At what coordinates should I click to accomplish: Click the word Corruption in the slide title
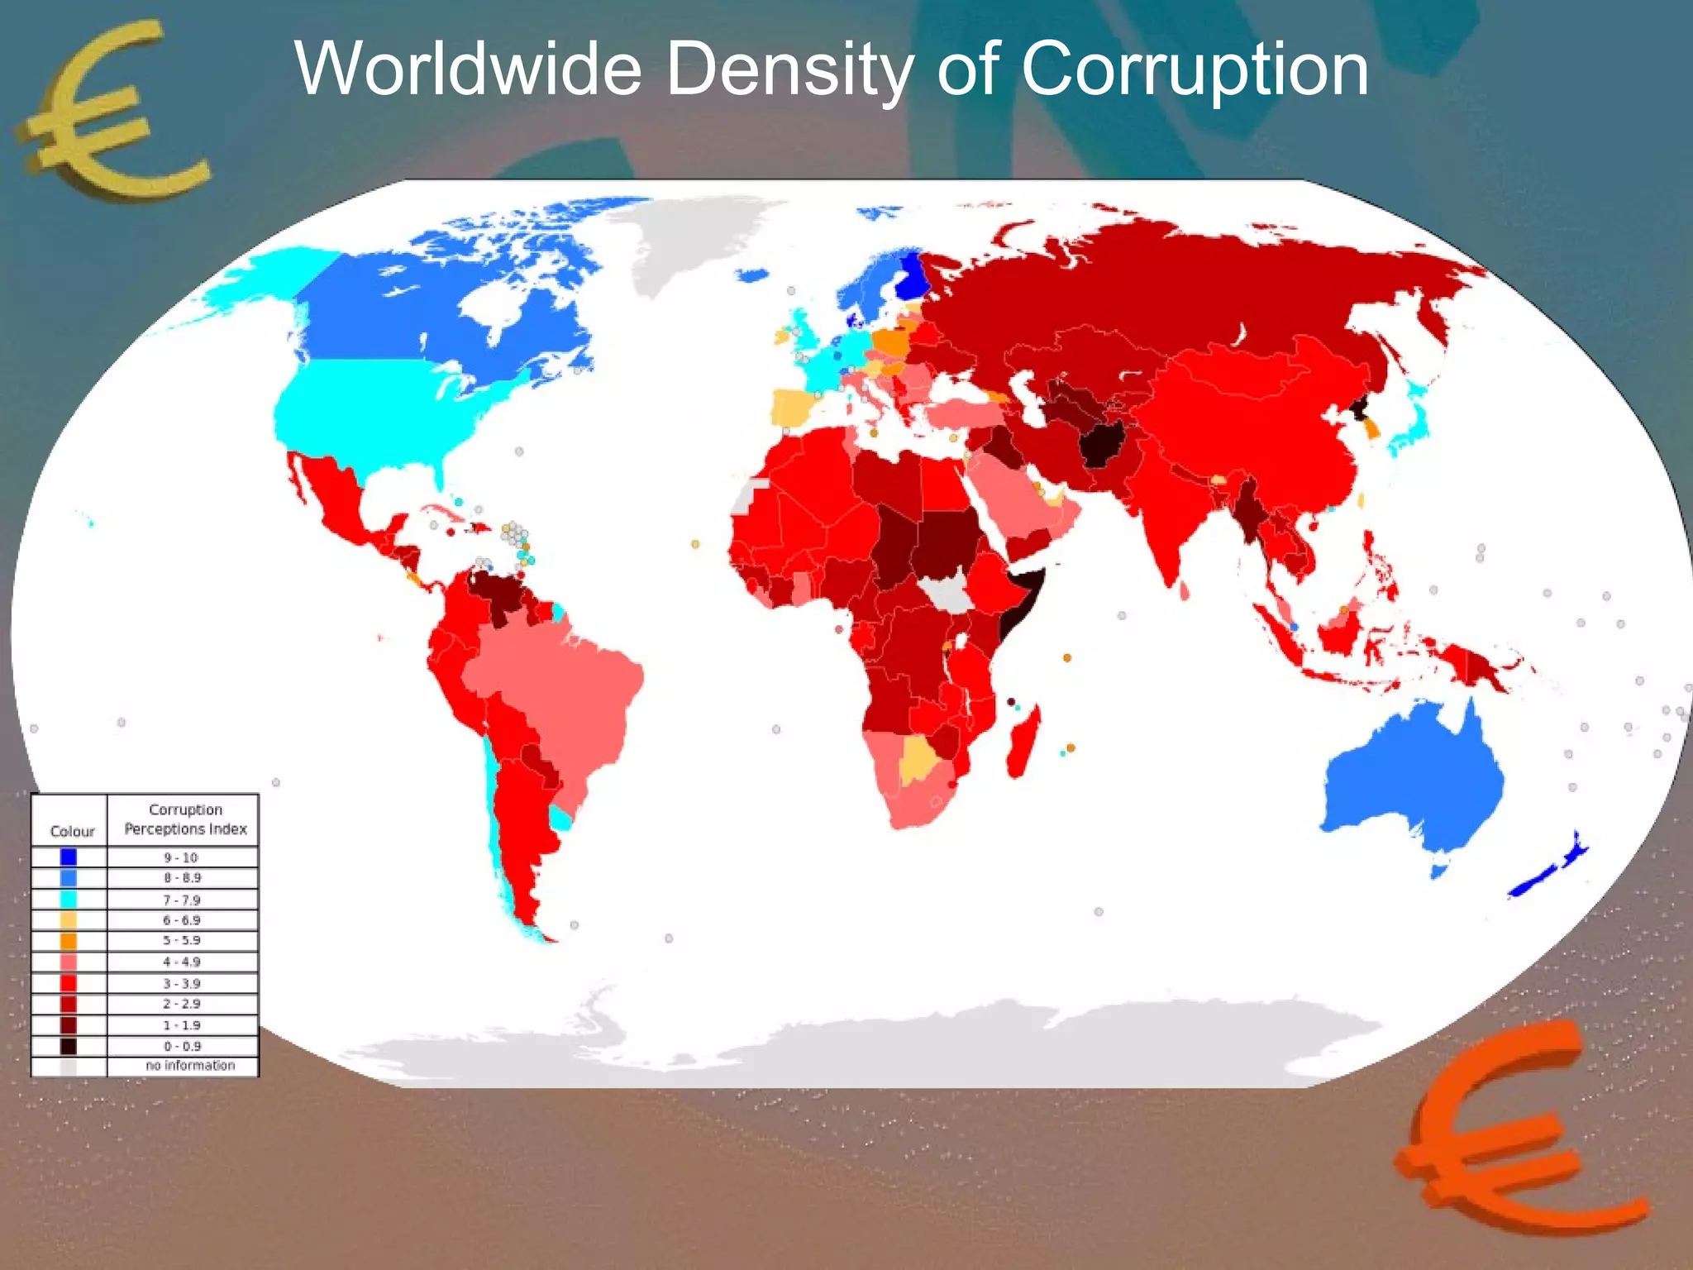point(1195,69)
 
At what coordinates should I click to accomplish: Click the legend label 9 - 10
point(181,857)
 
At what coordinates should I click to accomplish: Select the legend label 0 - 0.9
point(181,1046)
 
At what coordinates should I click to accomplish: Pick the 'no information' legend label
point(190,1066)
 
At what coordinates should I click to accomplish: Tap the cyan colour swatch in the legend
point(69,900)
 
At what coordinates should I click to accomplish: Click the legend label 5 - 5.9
point(181,940)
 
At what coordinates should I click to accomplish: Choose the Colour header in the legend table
point(72,831)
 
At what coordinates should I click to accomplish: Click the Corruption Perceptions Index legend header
point(185,819)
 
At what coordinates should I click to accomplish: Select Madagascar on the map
point(1023,744)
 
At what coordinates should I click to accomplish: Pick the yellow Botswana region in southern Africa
point(917,758)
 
